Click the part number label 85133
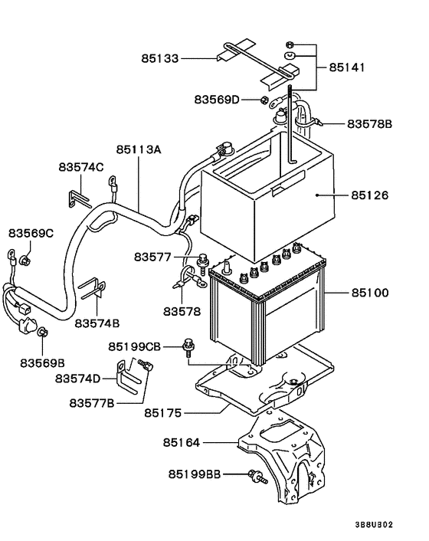point(160,58)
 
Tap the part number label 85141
point(346,67)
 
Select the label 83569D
point(217,100)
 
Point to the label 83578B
point(369,123)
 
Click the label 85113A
point(139,149)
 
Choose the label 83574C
point(81,167)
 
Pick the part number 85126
point(370,195)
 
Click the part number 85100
point(370,293)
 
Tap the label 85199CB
point(135,346)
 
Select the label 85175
point(162,413)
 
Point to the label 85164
point(182,442)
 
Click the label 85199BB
point(194,474)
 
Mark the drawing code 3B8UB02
point(374,525)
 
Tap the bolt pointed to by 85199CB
point(188,347)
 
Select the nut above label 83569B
point(43,332)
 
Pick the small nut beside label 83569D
point(264,100)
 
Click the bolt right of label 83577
point(202,261)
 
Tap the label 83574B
point(97,323)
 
